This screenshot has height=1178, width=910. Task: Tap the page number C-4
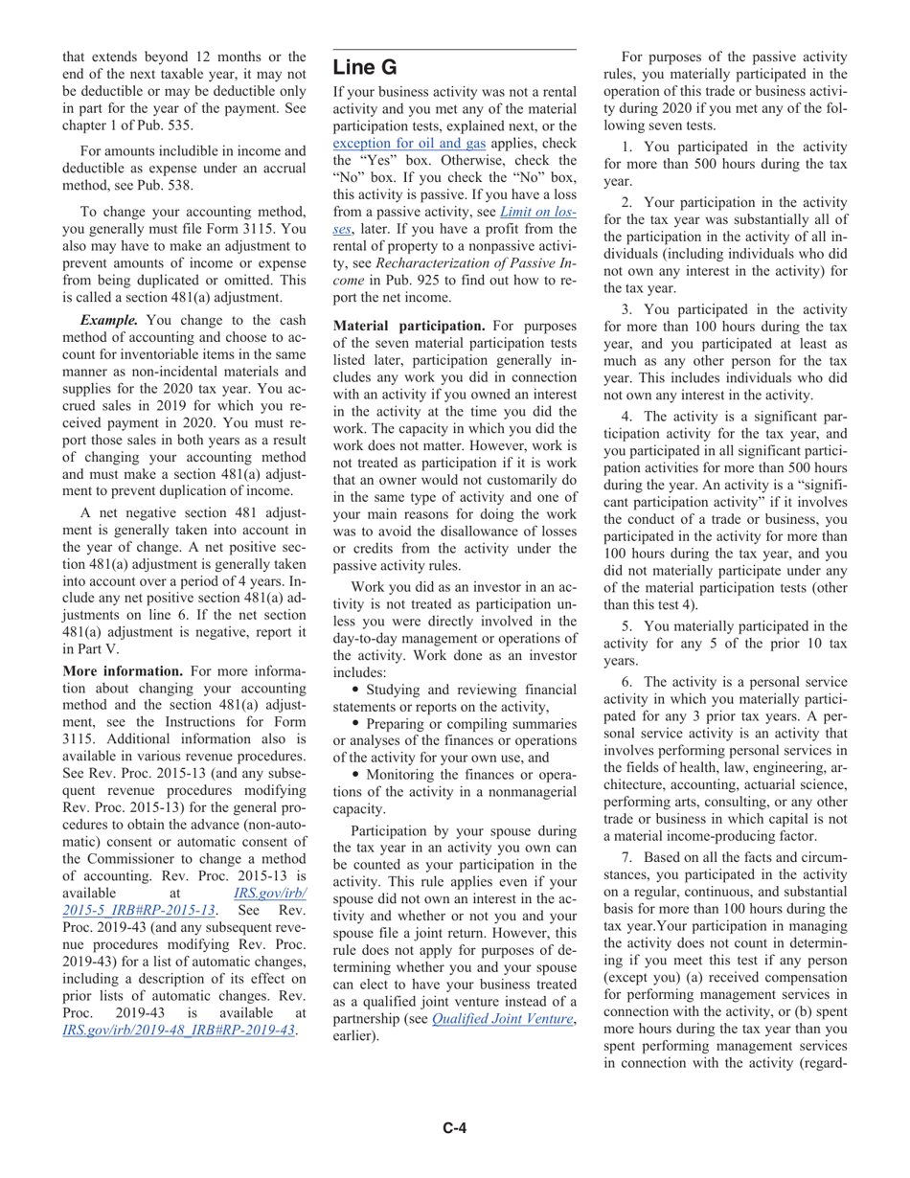pyautogui.click(x=454, y=1128)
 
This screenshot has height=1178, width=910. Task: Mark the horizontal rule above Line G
pyautogui.click(x=454, y=50)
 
